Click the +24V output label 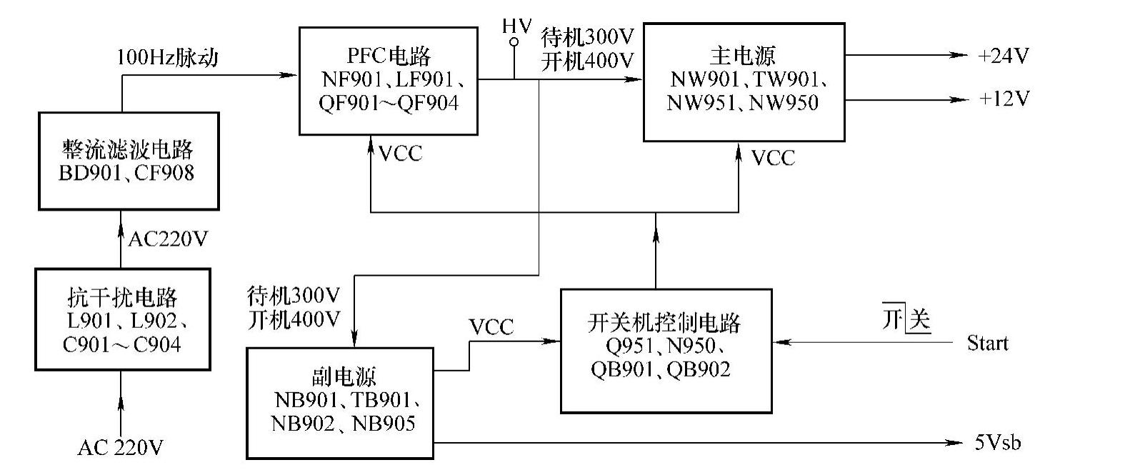(1003, 56)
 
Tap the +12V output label (1003, 99)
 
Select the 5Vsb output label (997, 443)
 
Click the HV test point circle (514, 43)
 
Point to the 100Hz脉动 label (167, 57)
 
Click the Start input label (987, 344)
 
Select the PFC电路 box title (389, 56)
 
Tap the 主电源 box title (743, 55)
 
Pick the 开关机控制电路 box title (664, 323)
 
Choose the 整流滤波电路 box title (128, 149)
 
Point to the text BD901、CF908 (126, 172)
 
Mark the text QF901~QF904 (389, 103)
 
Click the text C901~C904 (122, 344)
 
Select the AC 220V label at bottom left (120, 448)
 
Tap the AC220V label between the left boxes (168, 239)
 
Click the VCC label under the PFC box (400, 154)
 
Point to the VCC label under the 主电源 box (773, 158)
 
